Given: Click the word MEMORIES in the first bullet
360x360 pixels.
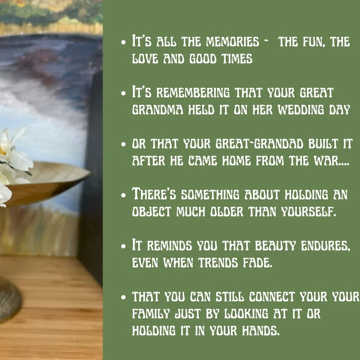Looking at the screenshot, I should [x=233, y=42].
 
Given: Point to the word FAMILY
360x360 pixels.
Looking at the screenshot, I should [x=152, y=314].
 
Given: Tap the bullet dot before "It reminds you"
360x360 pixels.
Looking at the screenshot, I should [x=124, y=246].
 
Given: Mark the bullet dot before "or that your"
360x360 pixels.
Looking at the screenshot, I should [x=124, y=145].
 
